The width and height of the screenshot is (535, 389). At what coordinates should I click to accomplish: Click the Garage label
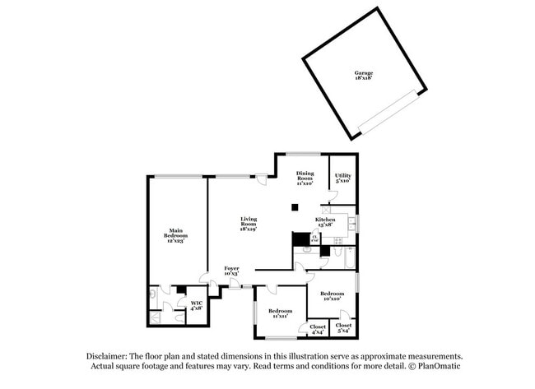pos(364,75)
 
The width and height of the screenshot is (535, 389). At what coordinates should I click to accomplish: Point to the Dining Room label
pos(305,178)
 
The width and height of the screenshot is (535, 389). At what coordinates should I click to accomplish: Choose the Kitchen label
pos(325,223)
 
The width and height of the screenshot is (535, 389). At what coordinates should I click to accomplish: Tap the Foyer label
pos(231,270)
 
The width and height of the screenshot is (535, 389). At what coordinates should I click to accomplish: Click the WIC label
pos(196,306)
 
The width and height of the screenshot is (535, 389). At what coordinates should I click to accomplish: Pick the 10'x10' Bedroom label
pos(332,296)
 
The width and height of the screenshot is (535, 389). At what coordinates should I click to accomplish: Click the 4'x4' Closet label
pos(318,329)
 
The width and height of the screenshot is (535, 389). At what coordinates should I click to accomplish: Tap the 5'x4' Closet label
pos(344,327)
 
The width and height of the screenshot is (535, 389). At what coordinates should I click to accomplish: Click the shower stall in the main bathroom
pos(156,315)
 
